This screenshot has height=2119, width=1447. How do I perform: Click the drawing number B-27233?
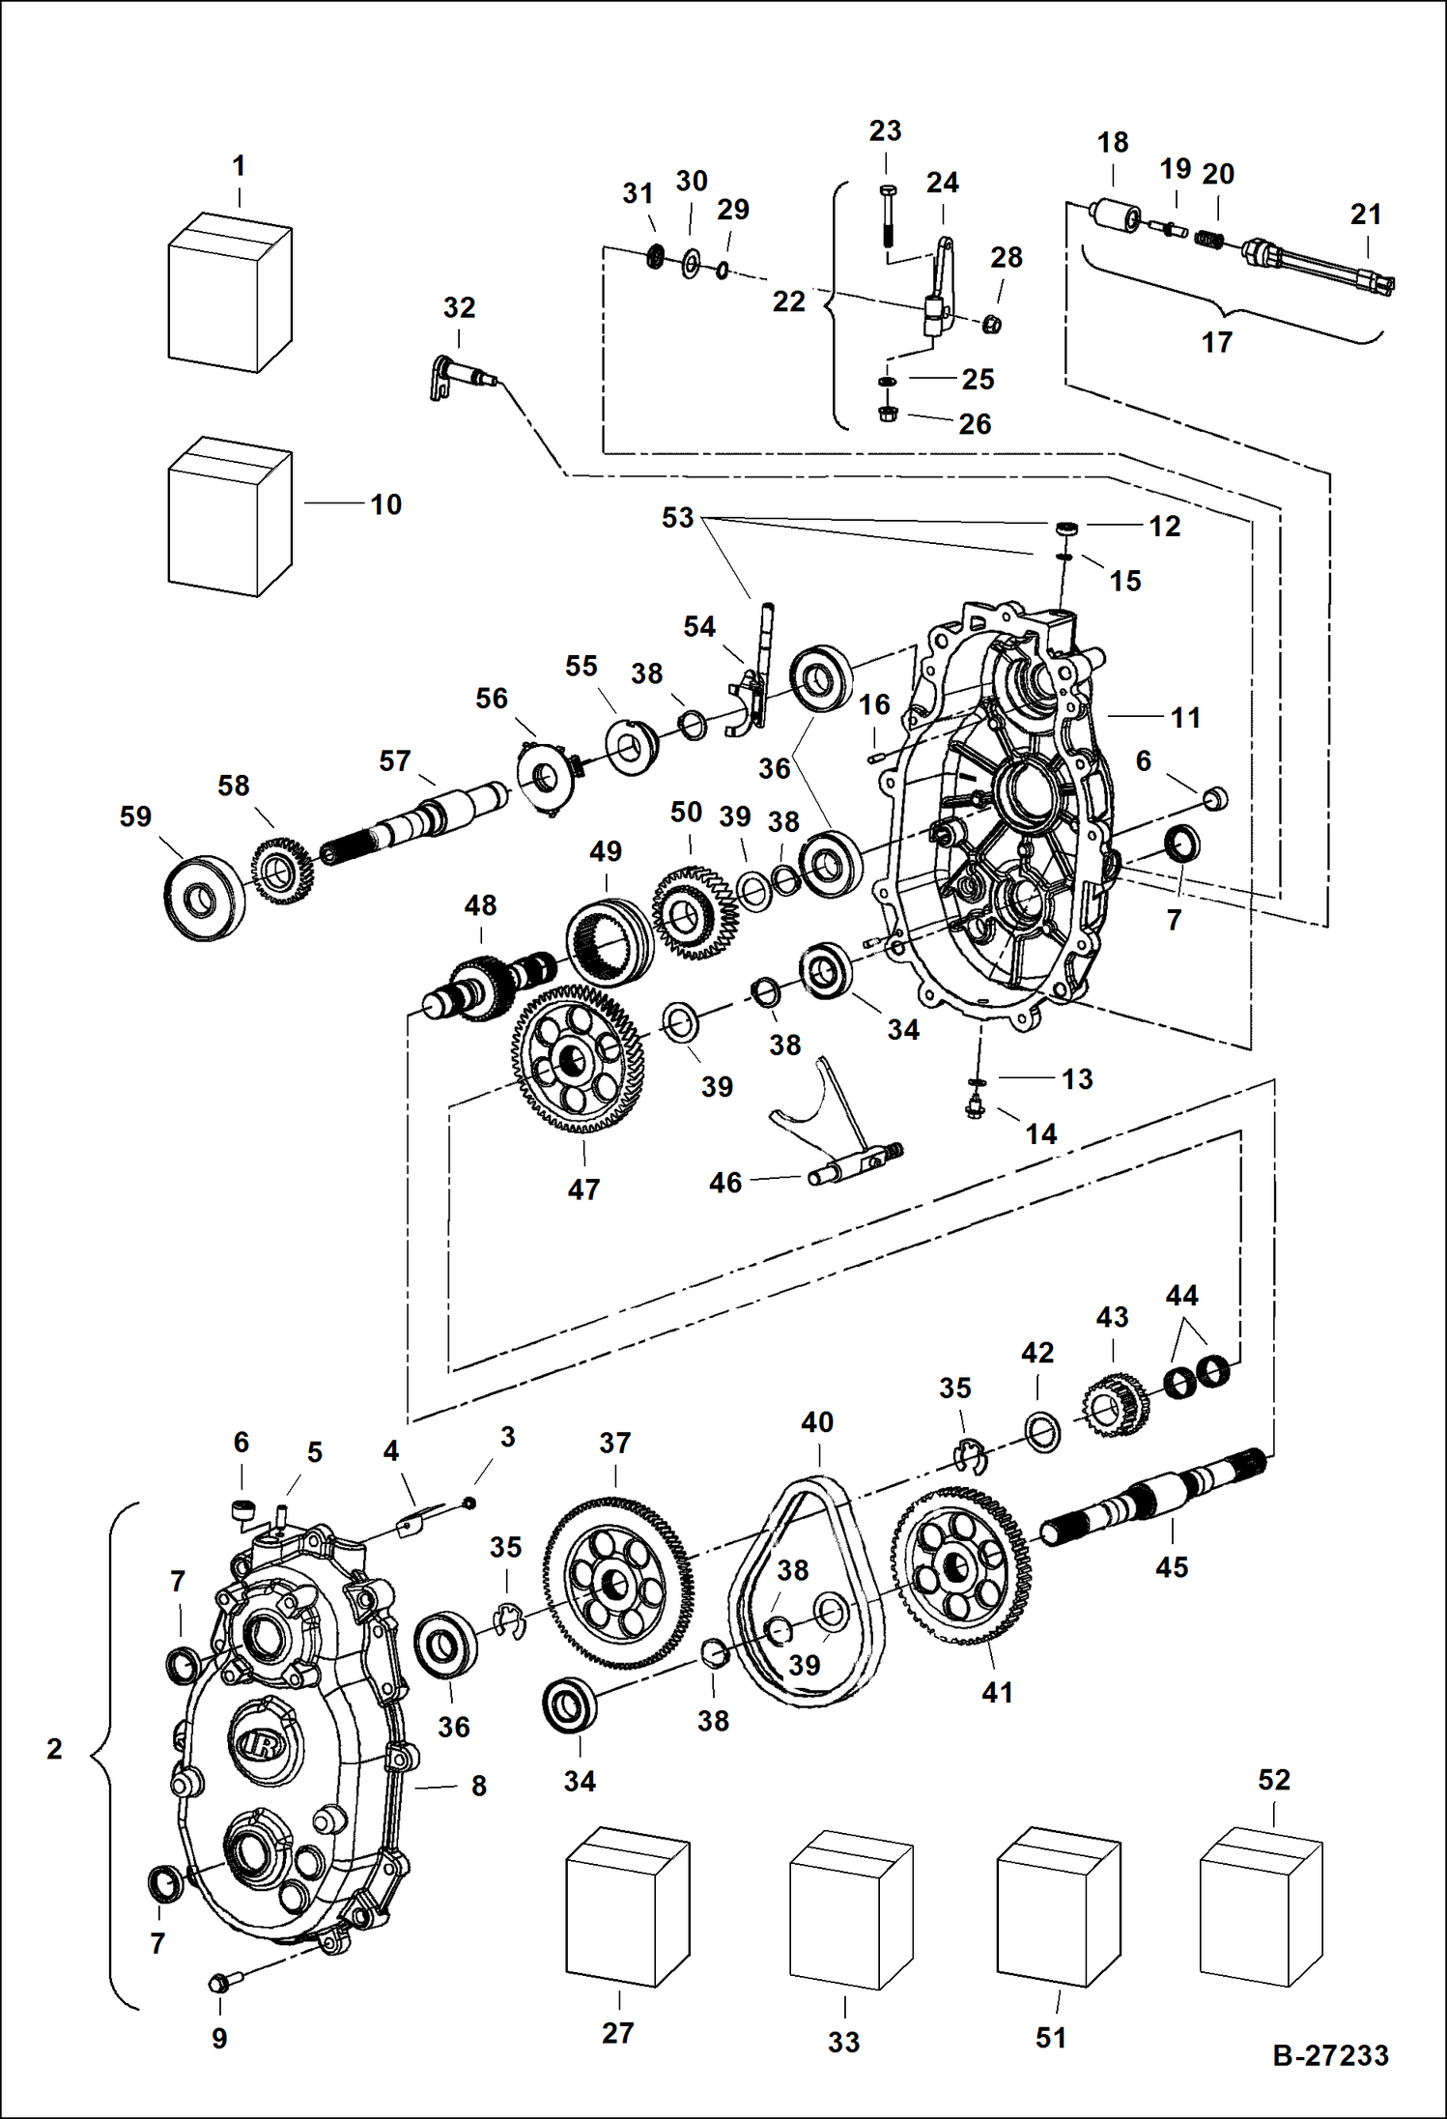point(1330,2056)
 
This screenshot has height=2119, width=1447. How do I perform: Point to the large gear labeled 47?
point(578,1059)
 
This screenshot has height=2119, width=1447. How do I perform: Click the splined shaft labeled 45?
point(1154,1497)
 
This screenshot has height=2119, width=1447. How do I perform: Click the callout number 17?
point(1216,342)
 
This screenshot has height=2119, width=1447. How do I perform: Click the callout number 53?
point(677,518)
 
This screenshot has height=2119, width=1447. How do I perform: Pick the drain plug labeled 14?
point(975,1107)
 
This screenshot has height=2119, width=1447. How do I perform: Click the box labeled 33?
point(850,1908)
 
